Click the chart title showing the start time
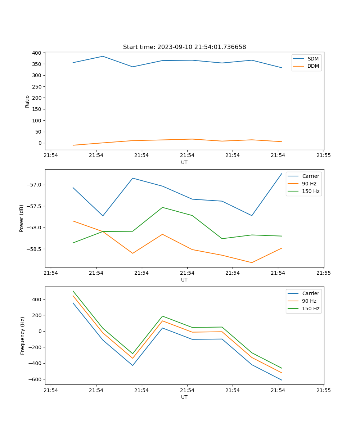coord(184,47)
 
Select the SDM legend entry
coord(313,59)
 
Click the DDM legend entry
coord(313,66)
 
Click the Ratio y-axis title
coord(27,101)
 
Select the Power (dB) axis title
coord(22,218)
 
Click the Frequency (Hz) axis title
coord(23,336)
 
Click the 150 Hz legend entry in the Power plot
coord(310,191)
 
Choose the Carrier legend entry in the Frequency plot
coord(310,293)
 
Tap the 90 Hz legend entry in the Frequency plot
coord(309,301)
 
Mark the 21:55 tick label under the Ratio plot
coord(323,156)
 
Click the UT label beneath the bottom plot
coord(184,397)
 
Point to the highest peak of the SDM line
coord(103,56)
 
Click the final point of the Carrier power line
coord(282,174)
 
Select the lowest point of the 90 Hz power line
coord(252,262)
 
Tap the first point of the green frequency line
coord(73,291)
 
